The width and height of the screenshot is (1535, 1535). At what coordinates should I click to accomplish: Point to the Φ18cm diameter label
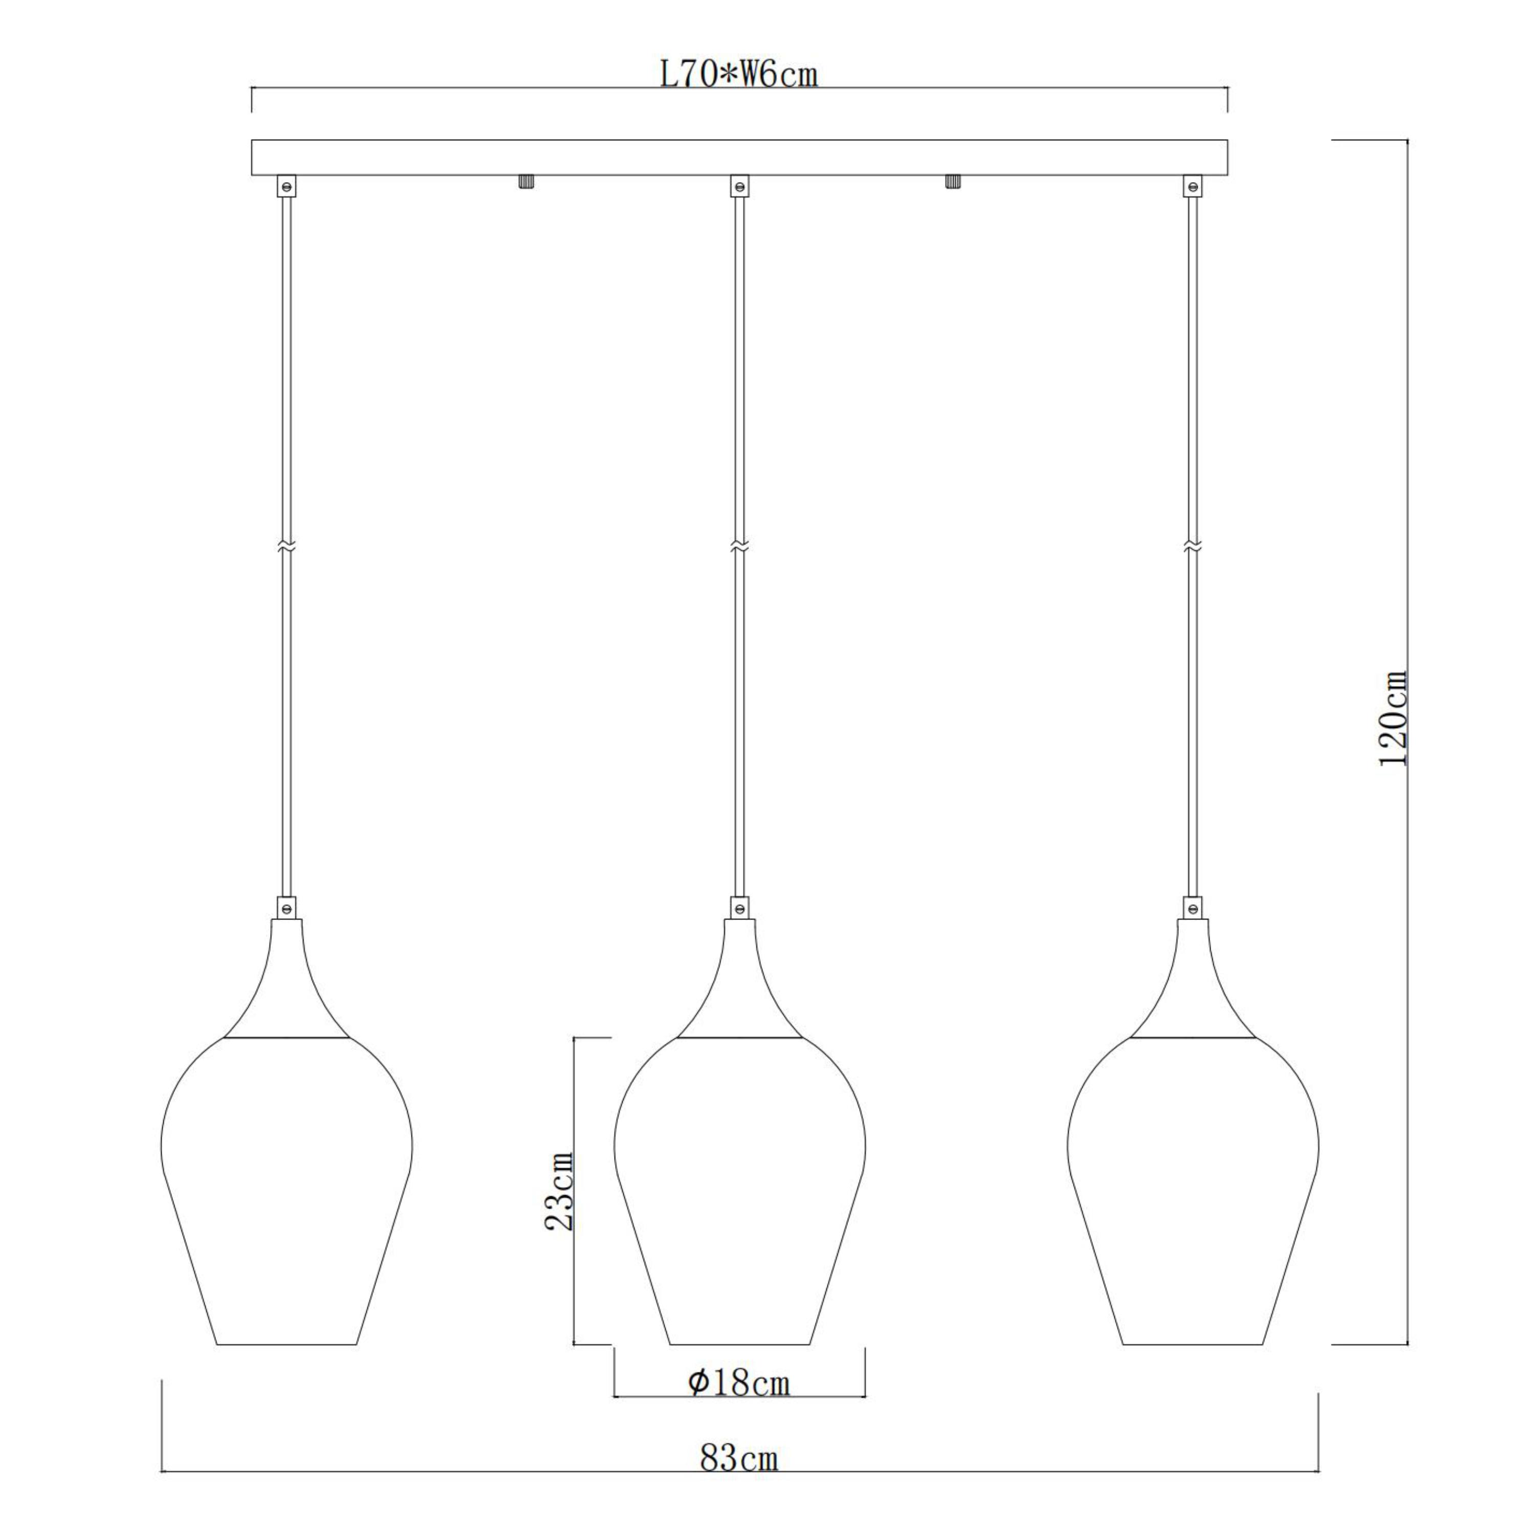(x=739, y=1383)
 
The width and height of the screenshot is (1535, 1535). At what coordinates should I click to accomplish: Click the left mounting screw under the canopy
(x=525, y=182)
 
